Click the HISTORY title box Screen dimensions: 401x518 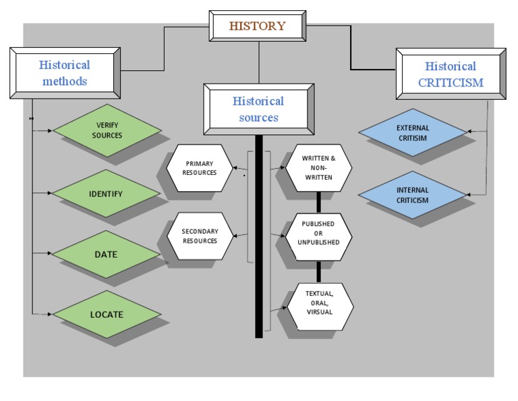point(257,27)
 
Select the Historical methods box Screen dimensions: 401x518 point(64,73)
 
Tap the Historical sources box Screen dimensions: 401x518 point(258,109)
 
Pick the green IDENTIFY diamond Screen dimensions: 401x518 point(106,194)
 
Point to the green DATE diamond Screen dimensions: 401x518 point(106,255)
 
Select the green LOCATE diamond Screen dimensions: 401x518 point(106,314)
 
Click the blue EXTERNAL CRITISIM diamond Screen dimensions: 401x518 point(413,132)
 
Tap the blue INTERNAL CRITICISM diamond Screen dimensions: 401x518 point(413,195)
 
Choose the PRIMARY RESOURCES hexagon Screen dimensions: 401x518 point(200,167)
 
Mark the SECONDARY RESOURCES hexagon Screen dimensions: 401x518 point(200,236)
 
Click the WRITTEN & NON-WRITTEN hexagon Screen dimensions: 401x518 point(318,167)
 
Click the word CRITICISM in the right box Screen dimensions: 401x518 point(451,83)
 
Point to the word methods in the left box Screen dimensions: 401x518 point(64,82)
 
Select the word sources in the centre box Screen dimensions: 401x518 point(258,117)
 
